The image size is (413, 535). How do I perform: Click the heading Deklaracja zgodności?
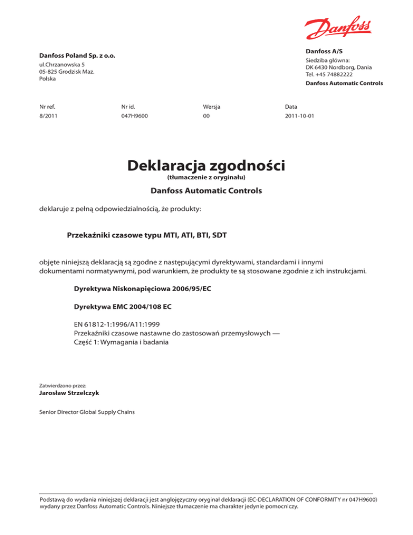pyautogui.click(x=206, y=166)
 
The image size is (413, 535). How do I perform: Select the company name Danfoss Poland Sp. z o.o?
pyautogui.click(x=77, y=56)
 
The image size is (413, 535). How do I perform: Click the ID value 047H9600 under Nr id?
pyautogui.click(x=135, y=116)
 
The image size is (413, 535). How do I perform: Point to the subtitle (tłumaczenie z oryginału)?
pyautogui.click(x=206, y=177)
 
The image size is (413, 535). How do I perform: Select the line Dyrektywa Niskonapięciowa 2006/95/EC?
pyautogui.click(x=143, y=289)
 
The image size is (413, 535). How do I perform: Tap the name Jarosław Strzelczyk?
pyautogui.click(x=69, y=393)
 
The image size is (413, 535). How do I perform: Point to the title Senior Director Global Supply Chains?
pyautogui.click(x=88, y=412)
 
